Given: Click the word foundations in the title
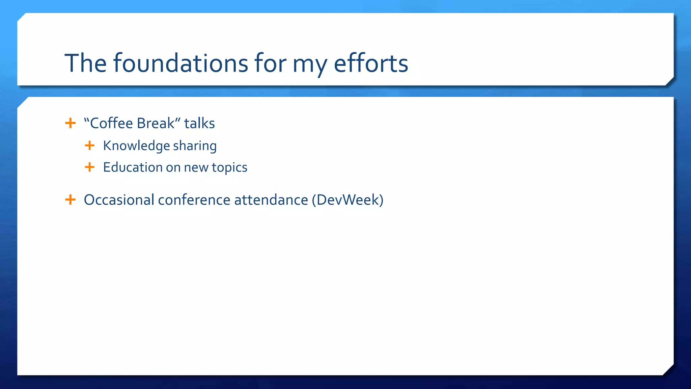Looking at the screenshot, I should click(x=181, y=63).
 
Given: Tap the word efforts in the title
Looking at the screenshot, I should click(x=371, y=63).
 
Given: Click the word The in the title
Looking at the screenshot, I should click(x=86, y=63).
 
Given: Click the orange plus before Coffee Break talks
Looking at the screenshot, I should click(x=70, y=123).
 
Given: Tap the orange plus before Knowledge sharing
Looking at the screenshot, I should click(x=89, y=146).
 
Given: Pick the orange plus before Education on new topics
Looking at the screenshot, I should click(x=89, y=167).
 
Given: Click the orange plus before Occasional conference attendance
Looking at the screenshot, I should click(x=70, y=200).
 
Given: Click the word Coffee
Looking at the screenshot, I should click(x=111, y=123).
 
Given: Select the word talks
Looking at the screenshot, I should click(x=199, y=123).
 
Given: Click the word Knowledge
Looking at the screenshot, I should click(x=136, y=146).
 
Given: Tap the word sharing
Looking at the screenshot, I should click(x=195, y=146).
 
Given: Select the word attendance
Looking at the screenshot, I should click(x=271, y=200).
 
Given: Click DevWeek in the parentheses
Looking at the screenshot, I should click(x=348, y=200).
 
